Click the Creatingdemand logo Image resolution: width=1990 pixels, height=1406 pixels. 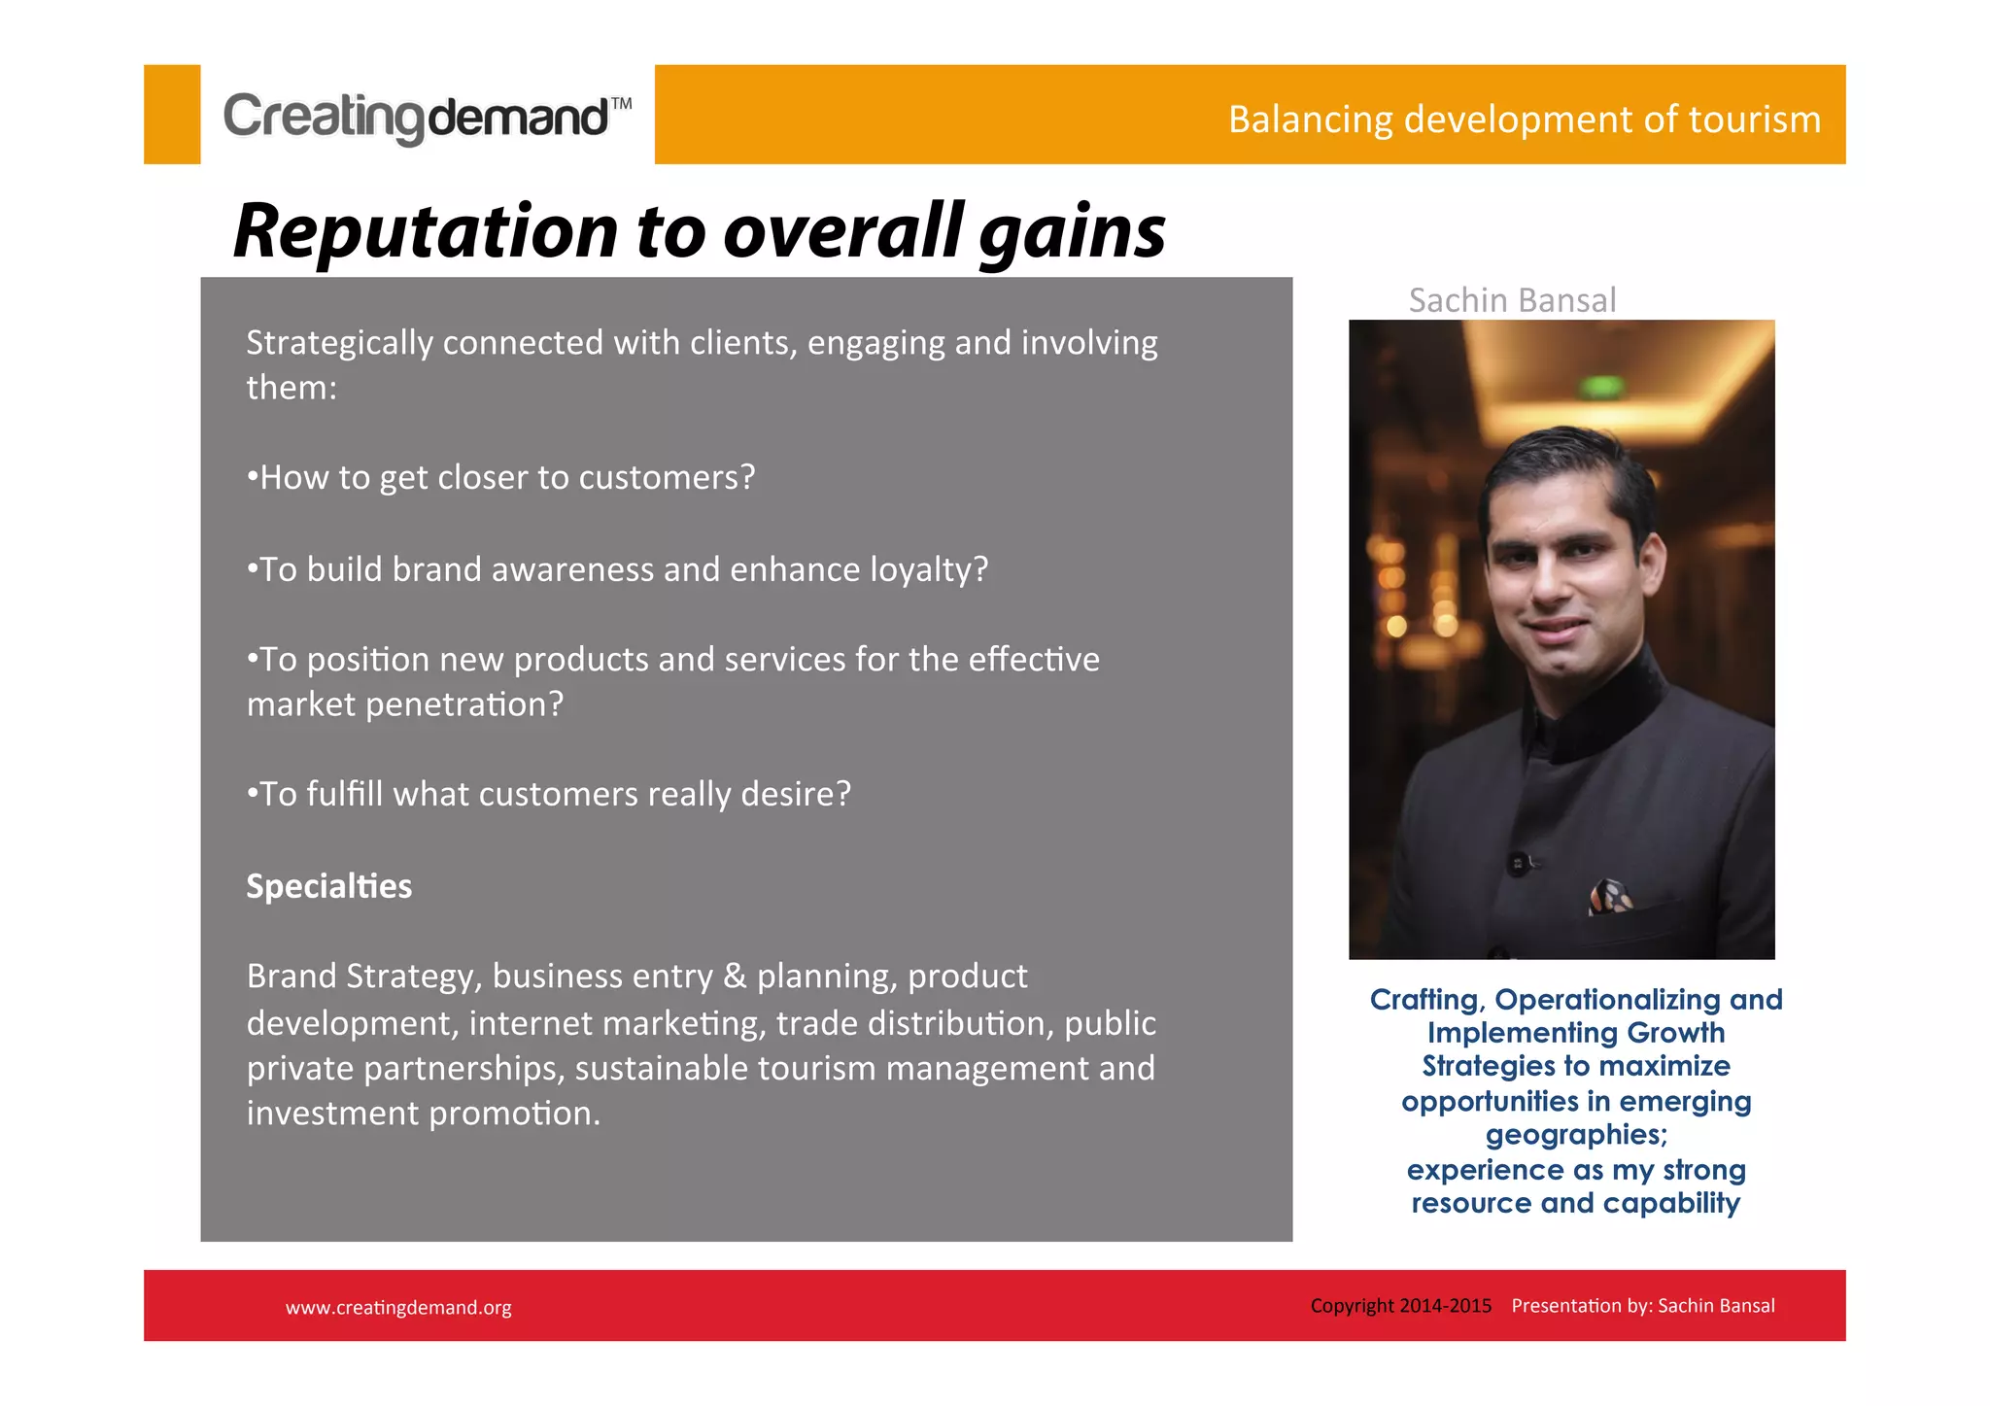click(418, 117)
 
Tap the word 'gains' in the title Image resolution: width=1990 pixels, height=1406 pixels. click(1071, 233)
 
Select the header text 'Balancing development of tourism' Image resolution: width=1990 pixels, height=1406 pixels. click(1524, 120)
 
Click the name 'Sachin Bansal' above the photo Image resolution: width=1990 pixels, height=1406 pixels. click(1512, 300)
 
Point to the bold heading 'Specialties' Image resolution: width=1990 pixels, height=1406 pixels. click(328, 886)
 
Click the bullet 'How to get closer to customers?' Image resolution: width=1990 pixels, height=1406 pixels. click(501, 477)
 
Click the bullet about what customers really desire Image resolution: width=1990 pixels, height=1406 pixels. click(550, 794)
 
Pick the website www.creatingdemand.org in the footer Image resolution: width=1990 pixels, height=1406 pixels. click(398, 1308)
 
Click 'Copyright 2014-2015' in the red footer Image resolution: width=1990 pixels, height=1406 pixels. click(1400, 1306)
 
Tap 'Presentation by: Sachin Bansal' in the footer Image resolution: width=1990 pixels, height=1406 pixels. click(1642, 1306)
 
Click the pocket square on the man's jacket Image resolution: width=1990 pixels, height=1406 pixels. click(1609, 896)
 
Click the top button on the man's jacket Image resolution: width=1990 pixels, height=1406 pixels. click(1517, 862)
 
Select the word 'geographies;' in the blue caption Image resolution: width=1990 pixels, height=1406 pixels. click(1575, 1135)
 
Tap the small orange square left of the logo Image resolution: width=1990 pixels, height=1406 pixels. click(172, 115)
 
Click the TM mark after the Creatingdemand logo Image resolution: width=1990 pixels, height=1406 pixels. click(621, 103)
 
